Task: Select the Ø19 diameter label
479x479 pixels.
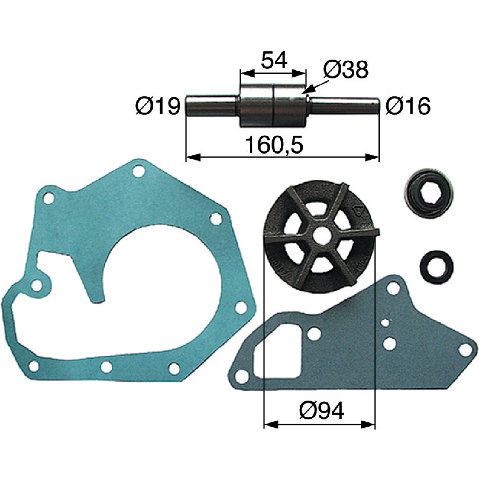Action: click(158, 106)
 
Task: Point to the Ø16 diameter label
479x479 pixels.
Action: click(408, 106)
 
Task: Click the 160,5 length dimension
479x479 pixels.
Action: click(274, 145)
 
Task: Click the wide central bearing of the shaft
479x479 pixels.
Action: click(274, 107)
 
